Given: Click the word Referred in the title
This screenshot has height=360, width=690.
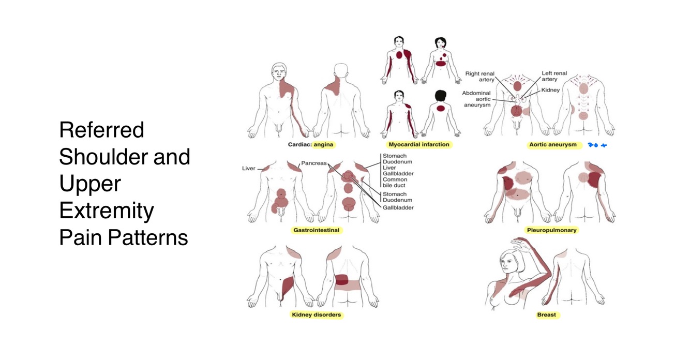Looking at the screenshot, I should pos(101,130).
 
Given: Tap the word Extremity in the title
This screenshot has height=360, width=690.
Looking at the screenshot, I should pos(106,211).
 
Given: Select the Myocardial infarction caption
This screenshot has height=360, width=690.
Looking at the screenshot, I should pos(418,145).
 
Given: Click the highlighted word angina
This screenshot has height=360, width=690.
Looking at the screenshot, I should pos(323,145).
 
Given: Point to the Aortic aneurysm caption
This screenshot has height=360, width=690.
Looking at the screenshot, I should pos(552,145).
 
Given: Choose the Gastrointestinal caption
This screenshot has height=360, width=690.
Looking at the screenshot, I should pos(316,230).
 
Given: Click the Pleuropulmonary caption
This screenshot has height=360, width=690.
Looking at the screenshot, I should pos(551,230).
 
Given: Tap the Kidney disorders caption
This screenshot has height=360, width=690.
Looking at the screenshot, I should pos(316,314).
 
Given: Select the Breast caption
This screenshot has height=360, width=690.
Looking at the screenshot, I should pos(546,314).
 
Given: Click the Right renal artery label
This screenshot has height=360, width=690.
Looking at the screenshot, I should pos(479,77).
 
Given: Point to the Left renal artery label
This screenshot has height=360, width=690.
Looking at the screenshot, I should pos(554,77).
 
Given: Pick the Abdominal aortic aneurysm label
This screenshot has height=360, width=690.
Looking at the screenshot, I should pos(476,99).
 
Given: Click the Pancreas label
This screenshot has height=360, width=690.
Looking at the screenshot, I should pos(314,163).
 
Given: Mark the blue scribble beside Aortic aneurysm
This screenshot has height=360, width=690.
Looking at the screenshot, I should pos(597,145).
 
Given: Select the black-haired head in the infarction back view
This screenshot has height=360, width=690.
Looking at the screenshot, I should pos(440,96).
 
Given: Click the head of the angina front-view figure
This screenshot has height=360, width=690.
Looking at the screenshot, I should pos(279,71).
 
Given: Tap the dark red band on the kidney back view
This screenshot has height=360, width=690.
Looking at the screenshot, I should pos(341,280).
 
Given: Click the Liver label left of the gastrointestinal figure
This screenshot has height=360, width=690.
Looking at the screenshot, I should pos(249,169).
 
